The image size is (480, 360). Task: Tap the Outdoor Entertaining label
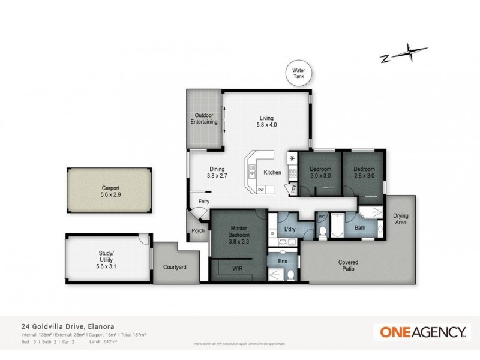point(203,119)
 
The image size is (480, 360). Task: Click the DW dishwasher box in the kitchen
point(260,190)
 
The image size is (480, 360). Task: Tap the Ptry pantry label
point(293,188)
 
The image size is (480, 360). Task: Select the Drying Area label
point(401,219)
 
